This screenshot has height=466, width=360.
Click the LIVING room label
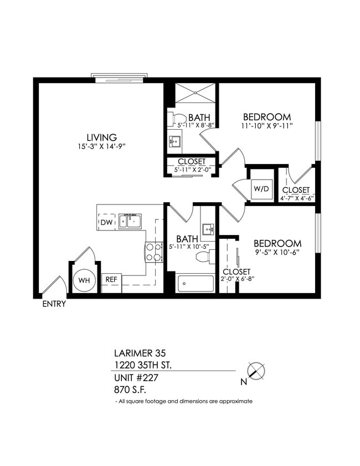(101, 137)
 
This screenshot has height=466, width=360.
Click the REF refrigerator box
(111, 279)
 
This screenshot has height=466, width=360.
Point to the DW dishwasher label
(106, 222)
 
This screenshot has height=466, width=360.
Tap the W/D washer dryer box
(261, 189)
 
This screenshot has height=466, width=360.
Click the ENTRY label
(54, 304)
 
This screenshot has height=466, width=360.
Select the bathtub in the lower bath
(195, 284)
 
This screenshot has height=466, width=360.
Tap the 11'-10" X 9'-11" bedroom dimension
(267, 126)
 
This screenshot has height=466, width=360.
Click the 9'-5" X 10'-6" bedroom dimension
(277, 253)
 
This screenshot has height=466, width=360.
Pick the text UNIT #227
(137, 377)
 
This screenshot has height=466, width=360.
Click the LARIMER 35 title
(140, 352)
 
